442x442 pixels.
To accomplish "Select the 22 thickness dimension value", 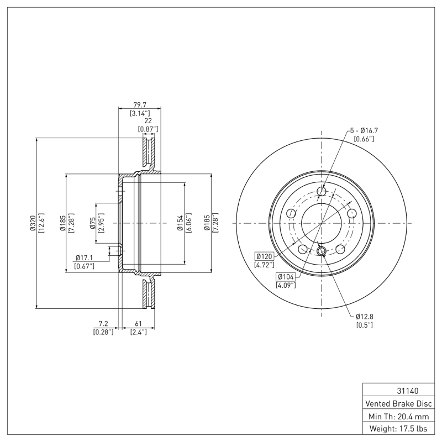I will click(148, 120).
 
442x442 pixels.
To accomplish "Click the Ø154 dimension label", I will click(180, 223).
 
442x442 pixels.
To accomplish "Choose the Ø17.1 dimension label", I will click(84, 257).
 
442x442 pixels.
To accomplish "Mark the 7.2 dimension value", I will click(103, 324).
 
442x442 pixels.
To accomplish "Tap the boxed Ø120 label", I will click(265, 256).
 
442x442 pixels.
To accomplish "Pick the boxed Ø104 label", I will click(286, 276).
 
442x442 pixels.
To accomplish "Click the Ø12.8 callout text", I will click(365, 316).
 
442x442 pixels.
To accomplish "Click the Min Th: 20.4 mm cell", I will click(397, 416).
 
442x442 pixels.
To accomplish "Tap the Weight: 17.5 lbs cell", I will click(397, 429).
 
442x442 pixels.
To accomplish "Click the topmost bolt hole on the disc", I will click(322, 192).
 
